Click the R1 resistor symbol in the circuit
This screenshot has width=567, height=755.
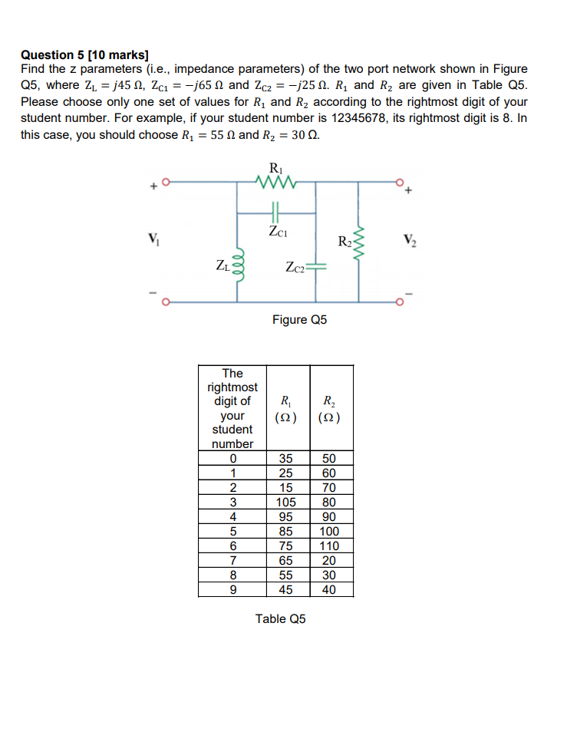click(274, 183)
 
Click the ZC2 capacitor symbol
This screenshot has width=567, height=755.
click(317, 267)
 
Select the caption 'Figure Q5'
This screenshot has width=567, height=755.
click(299, 319)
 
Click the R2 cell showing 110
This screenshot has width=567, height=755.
click(329, 546)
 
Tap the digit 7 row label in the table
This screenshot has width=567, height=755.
click(232, 561)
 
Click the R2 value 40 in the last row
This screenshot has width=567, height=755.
click(329, 590)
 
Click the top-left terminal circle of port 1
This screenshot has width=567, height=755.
click(163, 183)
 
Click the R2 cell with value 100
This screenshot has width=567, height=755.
click(329, 532)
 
